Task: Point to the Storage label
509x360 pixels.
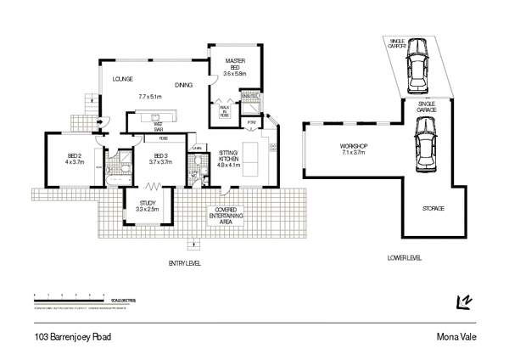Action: [x=433, y=208]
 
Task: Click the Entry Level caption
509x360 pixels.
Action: [x=184, y=264]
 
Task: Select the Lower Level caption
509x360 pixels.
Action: [x=403, y=257]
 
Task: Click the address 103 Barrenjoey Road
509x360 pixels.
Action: [x=73, y=336]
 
